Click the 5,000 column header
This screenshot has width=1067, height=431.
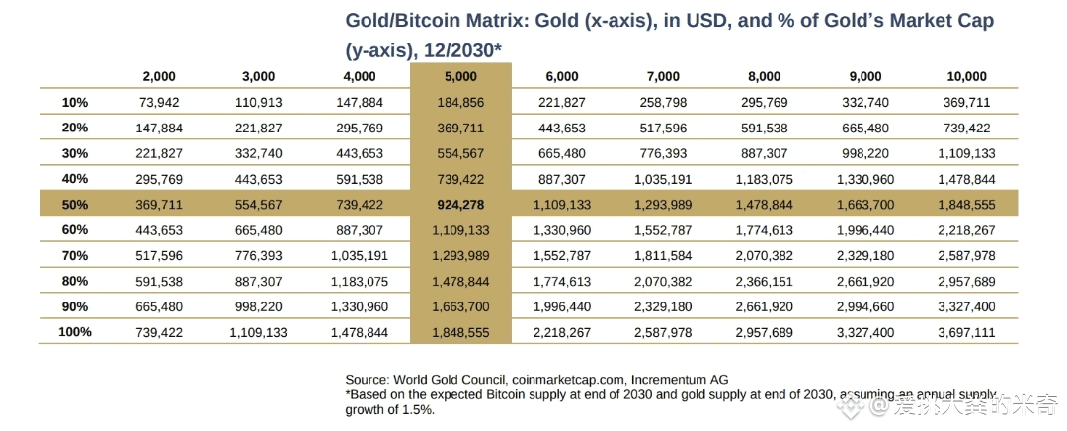coord(460,76)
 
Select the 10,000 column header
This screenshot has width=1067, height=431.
coord(966,76)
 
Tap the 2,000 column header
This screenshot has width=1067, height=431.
coord(159,76)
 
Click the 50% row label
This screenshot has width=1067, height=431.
coord(74,204)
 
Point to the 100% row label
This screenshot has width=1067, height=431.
coord(74,332)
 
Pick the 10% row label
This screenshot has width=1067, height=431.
coord(74,102)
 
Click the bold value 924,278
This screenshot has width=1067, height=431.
coord(460,204)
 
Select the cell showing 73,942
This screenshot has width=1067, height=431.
coord(159,102)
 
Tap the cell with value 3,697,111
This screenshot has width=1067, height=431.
coord(966,332)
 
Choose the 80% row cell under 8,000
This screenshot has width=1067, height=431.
coord(764,281)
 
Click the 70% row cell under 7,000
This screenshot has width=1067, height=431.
coord(663,255)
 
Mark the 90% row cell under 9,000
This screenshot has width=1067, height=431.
coord(864,306)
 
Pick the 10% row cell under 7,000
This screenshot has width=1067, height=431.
coord(663,102)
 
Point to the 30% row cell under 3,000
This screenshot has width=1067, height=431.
coord(258,153)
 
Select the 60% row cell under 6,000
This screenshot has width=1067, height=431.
coord(561,229)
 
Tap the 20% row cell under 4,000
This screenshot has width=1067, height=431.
coord(359,128)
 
